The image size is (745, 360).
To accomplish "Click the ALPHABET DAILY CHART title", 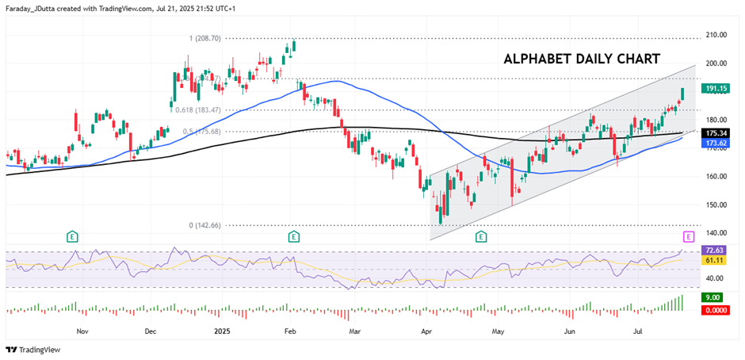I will (582, 59).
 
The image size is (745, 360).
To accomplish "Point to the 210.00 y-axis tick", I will (716, 35).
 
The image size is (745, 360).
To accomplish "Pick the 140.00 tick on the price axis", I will (716, 233).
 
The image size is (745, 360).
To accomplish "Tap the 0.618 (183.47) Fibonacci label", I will (199, 109).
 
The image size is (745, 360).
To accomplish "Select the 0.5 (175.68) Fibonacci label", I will (202, 132).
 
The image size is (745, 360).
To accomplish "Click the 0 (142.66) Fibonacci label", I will (204, 225).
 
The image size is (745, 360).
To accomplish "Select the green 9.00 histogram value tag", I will (716, 297).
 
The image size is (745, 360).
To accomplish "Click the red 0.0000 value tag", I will (716, 310).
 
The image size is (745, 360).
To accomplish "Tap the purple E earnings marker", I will (688, 236).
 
